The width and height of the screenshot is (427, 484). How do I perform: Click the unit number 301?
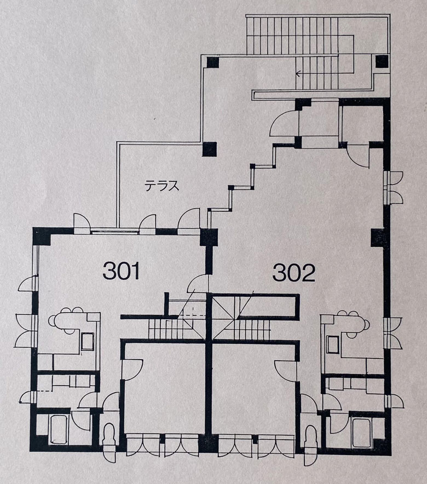tap(121, 270)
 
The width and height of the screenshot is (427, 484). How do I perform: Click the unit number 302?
tap(293, 273)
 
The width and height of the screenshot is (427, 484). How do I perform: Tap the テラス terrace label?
tap(162, 186)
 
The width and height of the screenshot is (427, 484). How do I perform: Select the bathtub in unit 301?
tap(59, 430)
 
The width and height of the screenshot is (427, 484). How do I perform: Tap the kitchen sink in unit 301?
tap(87, 342)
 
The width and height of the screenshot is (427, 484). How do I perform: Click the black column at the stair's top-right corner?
tap(382, 61)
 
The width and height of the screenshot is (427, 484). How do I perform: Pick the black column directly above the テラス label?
tap(210, 149)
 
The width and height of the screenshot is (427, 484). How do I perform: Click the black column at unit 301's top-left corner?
tap(41, 236)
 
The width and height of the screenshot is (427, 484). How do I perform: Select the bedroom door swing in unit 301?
tap(132, 370)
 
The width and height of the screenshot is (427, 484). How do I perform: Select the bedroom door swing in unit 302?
tap(286, 371)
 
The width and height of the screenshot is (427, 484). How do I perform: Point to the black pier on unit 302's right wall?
tap(378, 238)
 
